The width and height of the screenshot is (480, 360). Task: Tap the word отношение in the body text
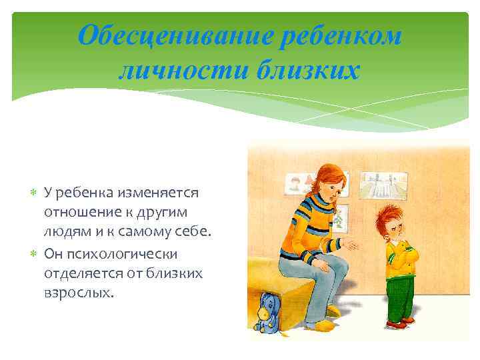pyautogui.click(x=75, y=213)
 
